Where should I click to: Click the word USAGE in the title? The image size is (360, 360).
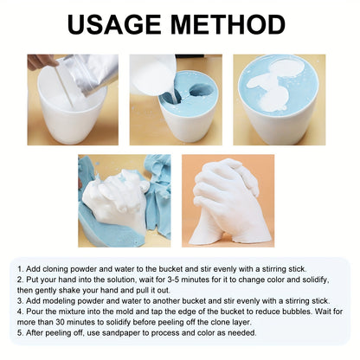120,25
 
